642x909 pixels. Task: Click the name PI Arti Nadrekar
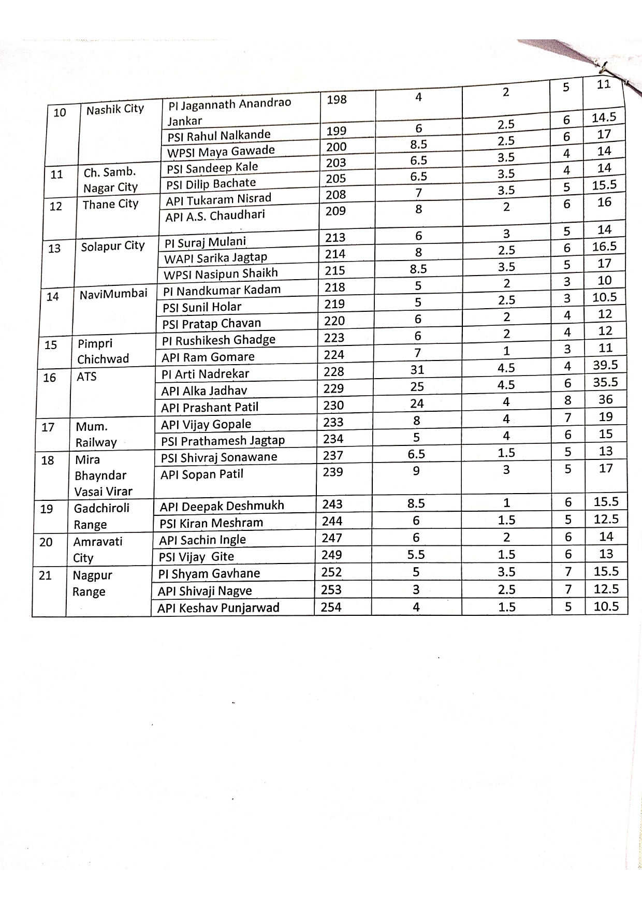tap(205, 373)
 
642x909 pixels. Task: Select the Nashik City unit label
tap(115, 109)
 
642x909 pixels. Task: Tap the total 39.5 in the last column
tap(605, 365)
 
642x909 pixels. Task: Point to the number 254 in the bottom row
tap(331, 607)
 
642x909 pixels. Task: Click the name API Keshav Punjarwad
tap(218, 608)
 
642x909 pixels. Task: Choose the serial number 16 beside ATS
tap(50, 378)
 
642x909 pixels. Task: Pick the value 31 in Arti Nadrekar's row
tap(417, 370)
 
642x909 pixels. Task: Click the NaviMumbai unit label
tap(113, 294)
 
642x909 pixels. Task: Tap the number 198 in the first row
tap(337, 99)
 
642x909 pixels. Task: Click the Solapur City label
tap(113, 246)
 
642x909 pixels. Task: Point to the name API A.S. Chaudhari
tap(215, 215)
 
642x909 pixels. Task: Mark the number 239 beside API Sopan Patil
tap(332, 472)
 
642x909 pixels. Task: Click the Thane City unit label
tap(110, 204)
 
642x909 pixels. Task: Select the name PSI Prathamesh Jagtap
tap(223, 440)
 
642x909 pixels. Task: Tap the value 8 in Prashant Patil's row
tap(568, 400)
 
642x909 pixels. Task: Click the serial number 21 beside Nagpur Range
tap(45, 575)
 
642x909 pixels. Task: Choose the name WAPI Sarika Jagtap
tap(215, 257)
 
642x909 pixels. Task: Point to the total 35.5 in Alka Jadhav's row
tap(605, 382)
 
